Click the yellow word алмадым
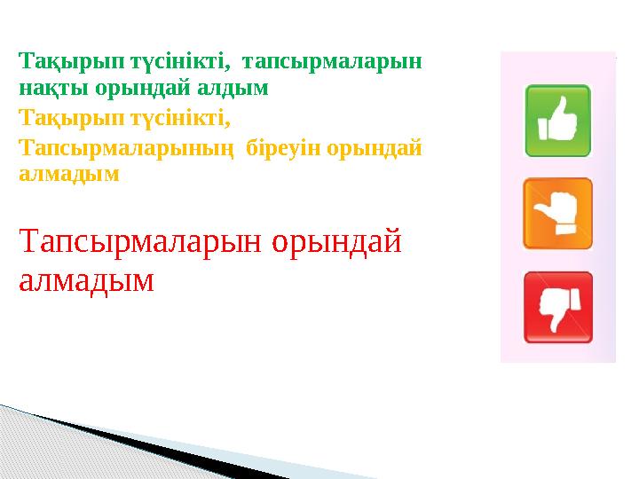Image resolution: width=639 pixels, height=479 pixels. [68, 174]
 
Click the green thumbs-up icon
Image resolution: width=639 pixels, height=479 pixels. [558, 121]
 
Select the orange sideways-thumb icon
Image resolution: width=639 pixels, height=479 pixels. [558, 214]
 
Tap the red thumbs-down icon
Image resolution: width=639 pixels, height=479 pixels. [558, 307]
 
